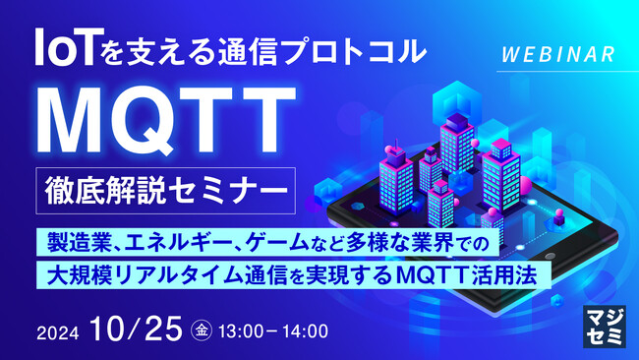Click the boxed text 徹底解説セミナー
(162, 189)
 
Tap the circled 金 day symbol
(201, 330)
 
